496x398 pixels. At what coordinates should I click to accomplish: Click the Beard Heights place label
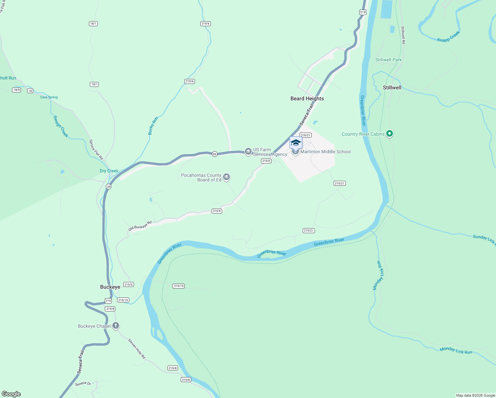point(307,99)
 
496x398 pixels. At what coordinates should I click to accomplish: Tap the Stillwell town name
point(392,88)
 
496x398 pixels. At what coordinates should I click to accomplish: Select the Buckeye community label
point(110,287)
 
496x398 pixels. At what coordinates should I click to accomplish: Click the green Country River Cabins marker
point(390,134)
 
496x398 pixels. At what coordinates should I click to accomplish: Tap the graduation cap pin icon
point(296,143)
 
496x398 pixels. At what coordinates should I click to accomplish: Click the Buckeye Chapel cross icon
point(116,326)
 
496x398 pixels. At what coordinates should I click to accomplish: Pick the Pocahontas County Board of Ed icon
point(226,177)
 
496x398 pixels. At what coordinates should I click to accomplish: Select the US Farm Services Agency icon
point(248,152)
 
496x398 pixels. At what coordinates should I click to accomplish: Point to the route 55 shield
point(215,154)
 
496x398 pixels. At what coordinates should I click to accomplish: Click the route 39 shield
point(109,187)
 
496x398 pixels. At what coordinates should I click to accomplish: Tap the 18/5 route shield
point(17,90)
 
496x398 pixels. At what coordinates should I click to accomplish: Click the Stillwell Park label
point(388,60)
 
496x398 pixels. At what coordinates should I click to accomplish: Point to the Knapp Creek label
point(448,36)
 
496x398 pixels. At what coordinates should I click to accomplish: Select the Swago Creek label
point(61,126)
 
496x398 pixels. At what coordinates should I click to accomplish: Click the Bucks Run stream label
point(153,126)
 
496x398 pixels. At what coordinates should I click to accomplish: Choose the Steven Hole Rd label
point(137,349)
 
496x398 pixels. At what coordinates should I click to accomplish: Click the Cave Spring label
point(49,97)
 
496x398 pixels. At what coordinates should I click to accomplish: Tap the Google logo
point(11,394)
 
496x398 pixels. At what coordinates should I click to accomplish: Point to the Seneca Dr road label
point(83,384)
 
